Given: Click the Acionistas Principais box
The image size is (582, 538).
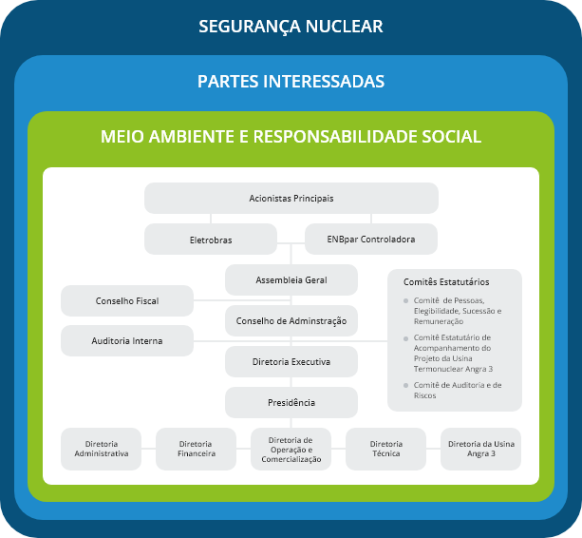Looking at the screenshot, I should click(291, 198).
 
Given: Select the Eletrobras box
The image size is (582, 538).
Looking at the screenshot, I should click(210, 239).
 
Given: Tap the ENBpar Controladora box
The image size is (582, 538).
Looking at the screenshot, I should click(372, 239).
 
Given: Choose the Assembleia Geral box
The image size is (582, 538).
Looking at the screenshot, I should click(291, 279).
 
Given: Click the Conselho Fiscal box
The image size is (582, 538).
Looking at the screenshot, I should click(126, 300).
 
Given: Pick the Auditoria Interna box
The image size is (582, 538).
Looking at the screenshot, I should click(126, 340).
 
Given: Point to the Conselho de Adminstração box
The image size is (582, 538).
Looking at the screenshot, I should click(291, 320).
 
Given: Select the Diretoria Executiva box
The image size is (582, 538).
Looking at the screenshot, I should click(291, 361).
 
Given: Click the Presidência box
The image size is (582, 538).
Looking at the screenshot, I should click(291, 402).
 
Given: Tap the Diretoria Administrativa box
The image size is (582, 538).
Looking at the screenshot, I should click(101, 449).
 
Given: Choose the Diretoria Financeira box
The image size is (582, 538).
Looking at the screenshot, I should click(196, 449).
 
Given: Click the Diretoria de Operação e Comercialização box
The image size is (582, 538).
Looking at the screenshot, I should click(291, 449).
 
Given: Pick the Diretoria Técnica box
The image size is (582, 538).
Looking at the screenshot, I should click(385, 449).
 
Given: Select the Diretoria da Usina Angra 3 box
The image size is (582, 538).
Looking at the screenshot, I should click(480, 449).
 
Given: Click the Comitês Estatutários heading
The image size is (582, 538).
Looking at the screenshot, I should click(446, 281).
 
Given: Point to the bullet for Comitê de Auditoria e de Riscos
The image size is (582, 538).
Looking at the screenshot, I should click(406, 385).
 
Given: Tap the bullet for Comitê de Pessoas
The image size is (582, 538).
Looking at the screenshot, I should click(406, 301).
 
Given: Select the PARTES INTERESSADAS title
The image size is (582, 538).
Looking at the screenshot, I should click(291, 81).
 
